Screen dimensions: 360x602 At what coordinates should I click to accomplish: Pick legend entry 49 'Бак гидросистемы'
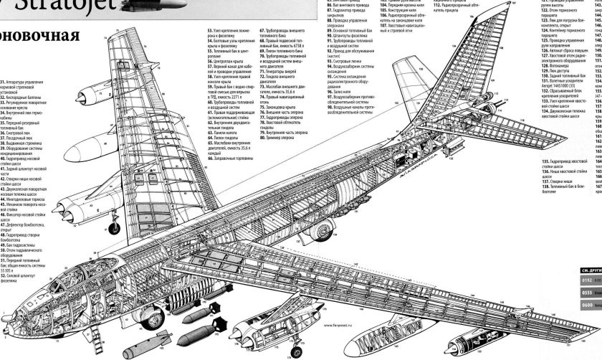pyautogui.click(x=21, y=244)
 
